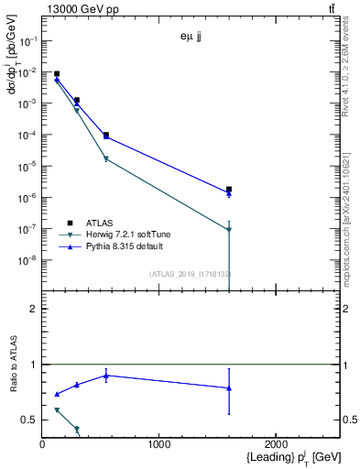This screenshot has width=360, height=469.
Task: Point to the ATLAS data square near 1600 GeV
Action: (229, 189)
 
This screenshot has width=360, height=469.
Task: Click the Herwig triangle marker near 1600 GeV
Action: (229, 229)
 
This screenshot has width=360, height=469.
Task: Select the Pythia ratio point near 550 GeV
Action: (106, 375)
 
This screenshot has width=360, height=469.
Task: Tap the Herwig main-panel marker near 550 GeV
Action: (106, 158)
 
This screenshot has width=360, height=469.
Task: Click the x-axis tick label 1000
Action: (159, 445)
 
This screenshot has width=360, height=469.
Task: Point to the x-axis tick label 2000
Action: (277, 445)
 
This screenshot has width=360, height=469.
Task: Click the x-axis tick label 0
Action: (42, 445)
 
